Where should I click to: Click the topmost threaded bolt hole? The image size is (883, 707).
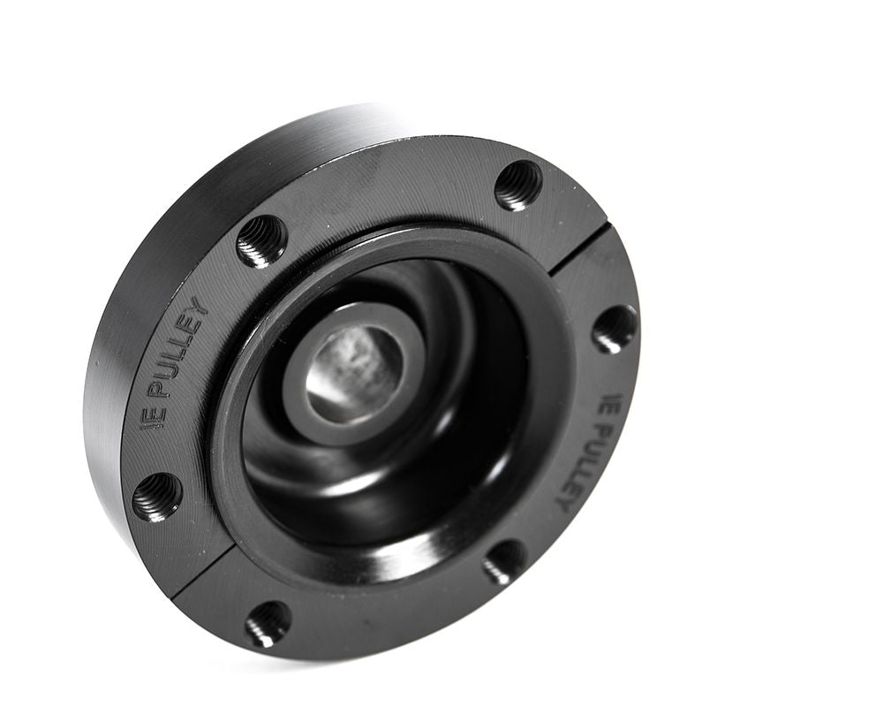[518, 186]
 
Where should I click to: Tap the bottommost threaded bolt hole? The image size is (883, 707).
[268, 623]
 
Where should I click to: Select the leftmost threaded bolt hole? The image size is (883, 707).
[157, 497]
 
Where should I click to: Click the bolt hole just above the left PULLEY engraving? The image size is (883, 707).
[262, 241]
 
